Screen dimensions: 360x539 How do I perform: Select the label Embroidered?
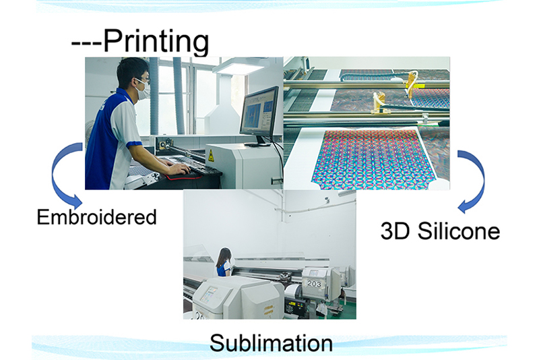click(96, 217)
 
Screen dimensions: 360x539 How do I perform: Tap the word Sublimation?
click(271, 342)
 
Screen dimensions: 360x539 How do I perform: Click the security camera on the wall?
click(288, 214)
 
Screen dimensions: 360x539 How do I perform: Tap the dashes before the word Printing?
click(86, 42)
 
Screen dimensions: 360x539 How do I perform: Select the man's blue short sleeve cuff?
click(133, 144)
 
